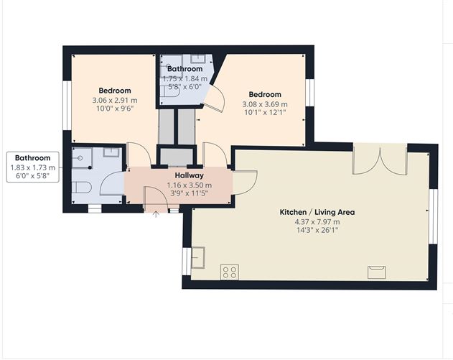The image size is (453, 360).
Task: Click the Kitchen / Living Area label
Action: click(317, 213)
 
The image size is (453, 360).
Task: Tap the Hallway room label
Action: click(190, 175)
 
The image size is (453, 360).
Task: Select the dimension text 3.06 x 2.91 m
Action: click(114, 100)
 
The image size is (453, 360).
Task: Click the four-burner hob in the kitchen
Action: click(230, 272)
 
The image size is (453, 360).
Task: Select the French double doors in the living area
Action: click(380, 160)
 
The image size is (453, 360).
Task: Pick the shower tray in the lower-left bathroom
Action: click(83, 158)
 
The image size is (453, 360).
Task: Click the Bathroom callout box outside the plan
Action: click(32, 167)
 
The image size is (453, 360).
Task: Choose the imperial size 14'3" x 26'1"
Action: click(317, 231)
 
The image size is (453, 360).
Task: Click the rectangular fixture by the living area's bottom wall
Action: click(376, 271)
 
